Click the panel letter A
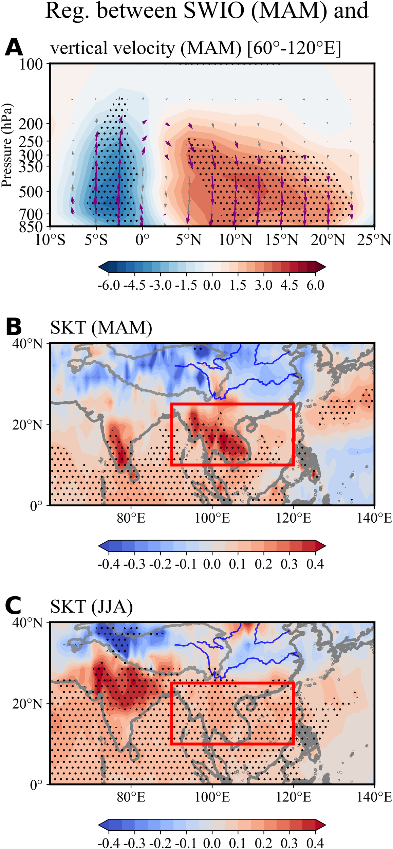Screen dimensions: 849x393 click(x=14, y=47)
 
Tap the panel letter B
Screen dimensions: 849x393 click(x=14, y=327)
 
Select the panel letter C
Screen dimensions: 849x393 click(x=14, y=606)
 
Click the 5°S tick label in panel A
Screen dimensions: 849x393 click(x=96, y=240)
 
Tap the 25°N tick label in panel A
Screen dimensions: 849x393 click(x=374, y=240)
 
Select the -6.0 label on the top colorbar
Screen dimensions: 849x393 click(x=109, y=285)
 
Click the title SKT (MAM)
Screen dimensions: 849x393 click(x=101, y=328)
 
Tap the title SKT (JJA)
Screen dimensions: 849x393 click(x=91, y=607)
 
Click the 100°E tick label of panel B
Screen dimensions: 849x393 click(x=212, y=518)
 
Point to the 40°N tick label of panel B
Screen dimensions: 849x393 click(x=28, y=344)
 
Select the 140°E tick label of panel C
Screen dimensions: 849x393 click(x=374, y=797)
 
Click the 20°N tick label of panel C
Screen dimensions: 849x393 click(x=28, y=704)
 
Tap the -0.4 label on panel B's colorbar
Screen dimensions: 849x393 click(x=109, y=564)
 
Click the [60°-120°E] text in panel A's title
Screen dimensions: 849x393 click(x=294, y=48)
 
